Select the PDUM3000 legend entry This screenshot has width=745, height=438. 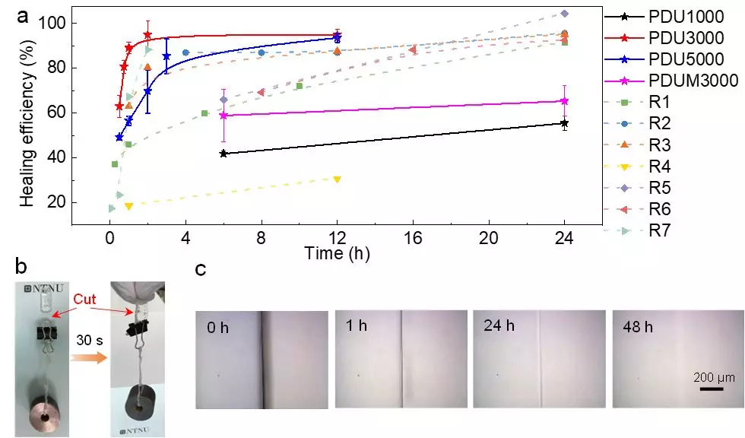tap(677, 81)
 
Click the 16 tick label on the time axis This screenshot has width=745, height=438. tap(412, 236)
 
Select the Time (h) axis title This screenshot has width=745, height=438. tap(336, 253)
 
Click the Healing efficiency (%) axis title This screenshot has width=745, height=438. tap(28, 115)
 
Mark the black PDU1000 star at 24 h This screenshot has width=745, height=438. tap(564, 123)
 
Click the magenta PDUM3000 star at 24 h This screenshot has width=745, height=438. tap(564, 101)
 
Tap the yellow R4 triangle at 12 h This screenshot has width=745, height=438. tap(337, 179)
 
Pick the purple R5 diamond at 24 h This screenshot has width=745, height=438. tap(564, 14)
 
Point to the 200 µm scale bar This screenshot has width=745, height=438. tap(711, 389)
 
